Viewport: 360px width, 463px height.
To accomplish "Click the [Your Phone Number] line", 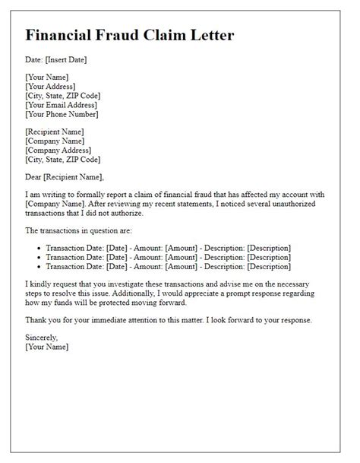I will coord(62,115).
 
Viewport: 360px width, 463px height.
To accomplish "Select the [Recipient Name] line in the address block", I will coord(55,132).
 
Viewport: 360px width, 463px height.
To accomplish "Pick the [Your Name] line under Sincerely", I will coord(46,347).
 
